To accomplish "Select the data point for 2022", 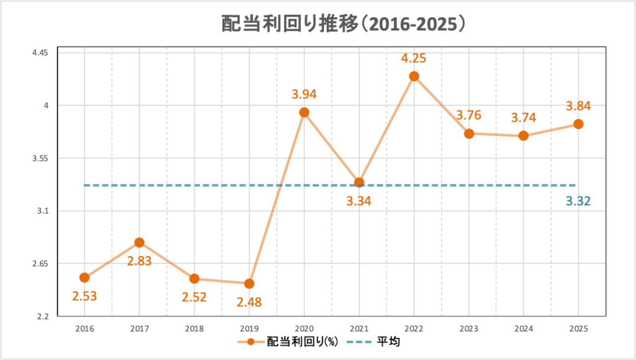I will coord(414,76).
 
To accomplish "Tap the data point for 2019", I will coord(249,284).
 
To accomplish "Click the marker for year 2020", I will coord(304,112).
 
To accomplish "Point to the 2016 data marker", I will coord(84,277).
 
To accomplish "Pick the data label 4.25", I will coord(414,58).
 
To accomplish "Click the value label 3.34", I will coord(359,200).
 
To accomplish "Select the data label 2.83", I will coord(140,261).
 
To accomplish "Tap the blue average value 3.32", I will coord(578,201).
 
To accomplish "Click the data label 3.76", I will coord(469,115).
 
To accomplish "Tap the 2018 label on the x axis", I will coord(194,329).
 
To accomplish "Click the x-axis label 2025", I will coord(578,329).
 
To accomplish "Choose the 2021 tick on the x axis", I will coord(359,329).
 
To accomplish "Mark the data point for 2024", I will coord(524,136).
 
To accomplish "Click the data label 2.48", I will coord(249,303).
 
